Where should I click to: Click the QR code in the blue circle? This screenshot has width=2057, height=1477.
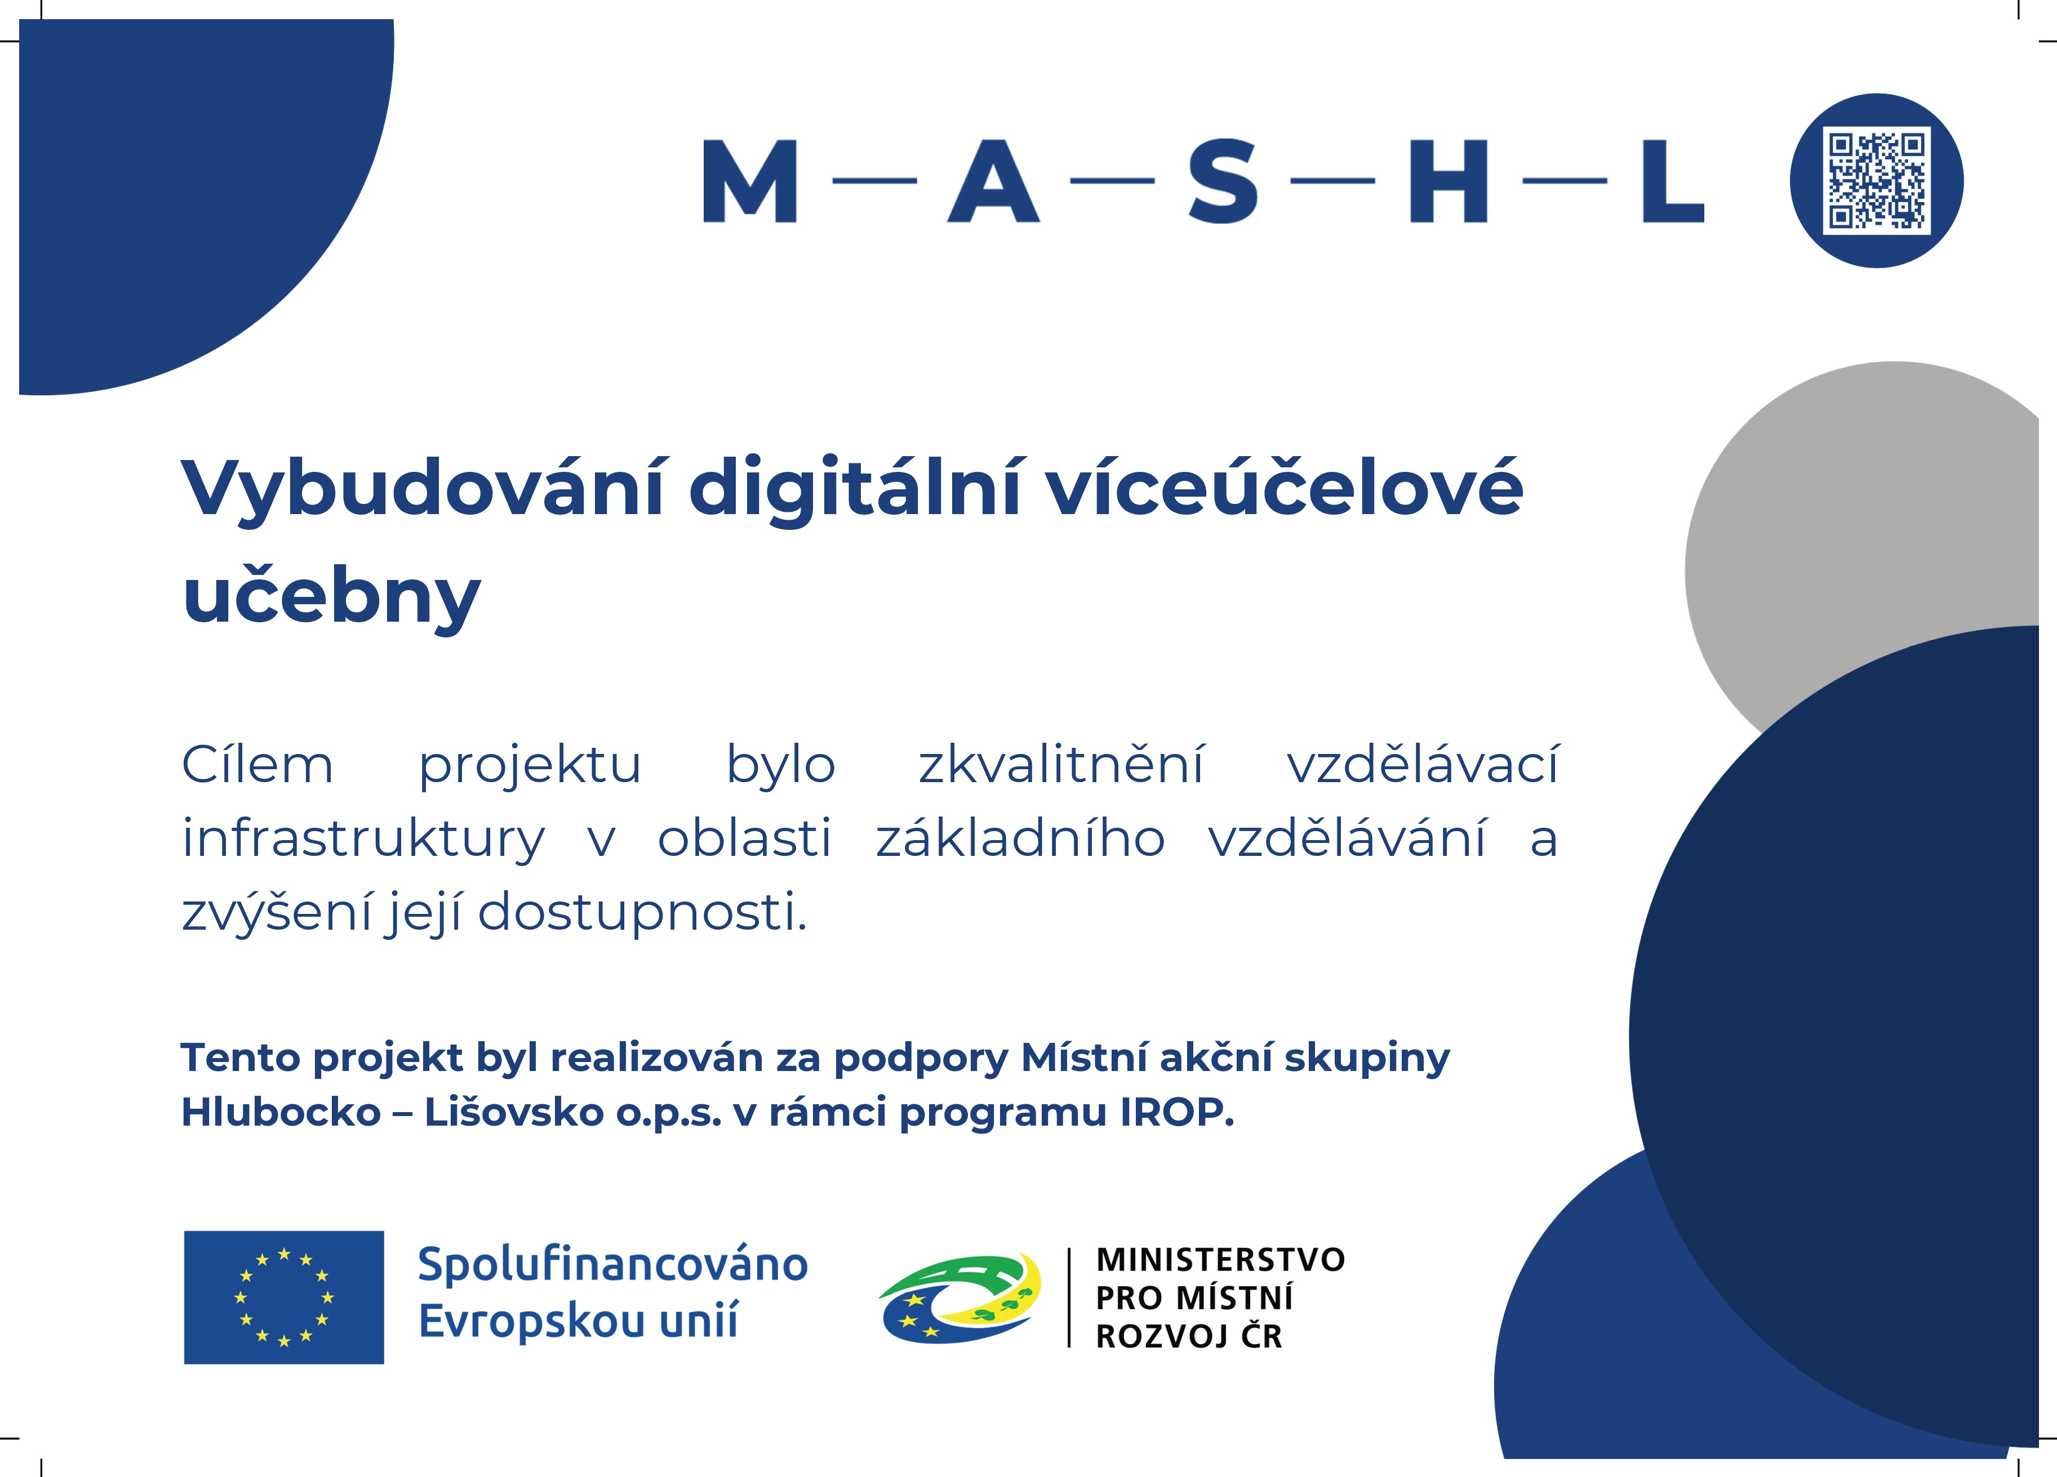click(x=1877, y=180)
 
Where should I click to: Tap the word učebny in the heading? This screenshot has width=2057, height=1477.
click(x=331, y=597)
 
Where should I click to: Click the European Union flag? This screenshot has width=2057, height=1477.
click(x=284, y=1297)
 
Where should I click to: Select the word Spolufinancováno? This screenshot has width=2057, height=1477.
click(x=613, y=1264)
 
